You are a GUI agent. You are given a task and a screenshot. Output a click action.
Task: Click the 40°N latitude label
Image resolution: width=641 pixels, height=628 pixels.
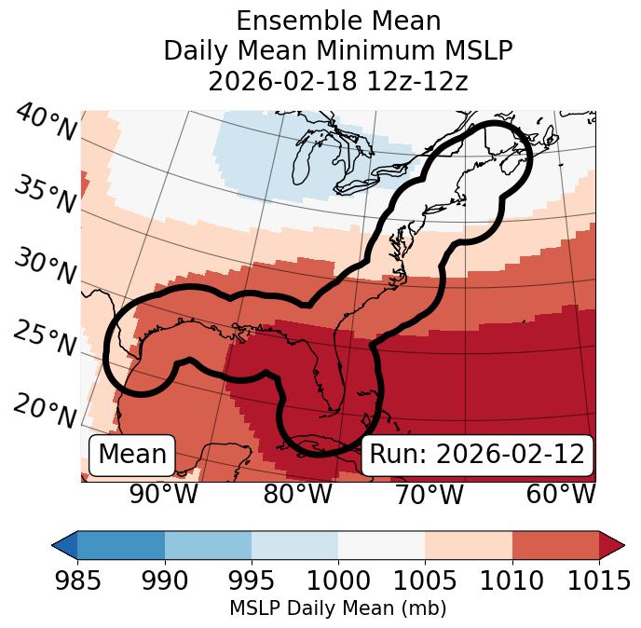[46, 123]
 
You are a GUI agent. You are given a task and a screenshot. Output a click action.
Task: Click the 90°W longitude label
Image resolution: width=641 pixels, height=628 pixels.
[164, 495]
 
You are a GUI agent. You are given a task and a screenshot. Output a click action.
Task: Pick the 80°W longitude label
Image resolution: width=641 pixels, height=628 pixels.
[298, 495]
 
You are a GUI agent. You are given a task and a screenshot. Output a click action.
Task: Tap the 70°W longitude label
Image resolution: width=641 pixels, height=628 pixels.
[430, 495]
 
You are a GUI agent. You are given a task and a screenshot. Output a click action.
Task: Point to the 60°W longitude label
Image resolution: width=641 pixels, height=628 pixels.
[561, 495]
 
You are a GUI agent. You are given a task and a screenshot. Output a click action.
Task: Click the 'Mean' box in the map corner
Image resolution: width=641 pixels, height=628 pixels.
[132, 455]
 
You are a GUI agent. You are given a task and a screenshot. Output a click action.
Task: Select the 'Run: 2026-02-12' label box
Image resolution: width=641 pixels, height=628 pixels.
[477, 455]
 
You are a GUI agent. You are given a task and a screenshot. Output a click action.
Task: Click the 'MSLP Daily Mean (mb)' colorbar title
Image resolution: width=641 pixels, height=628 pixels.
[337, 609]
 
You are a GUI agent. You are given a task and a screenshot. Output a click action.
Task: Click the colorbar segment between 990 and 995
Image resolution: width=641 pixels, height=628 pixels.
[208, 545]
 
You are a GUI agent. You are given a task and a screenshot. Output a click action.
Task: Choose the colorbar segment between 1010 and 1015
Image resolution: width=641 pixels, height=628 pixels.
[555, 545]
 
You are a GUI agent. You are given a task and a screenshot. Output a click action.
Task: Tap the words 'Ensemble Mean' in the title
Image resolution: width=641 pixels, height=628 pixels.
[338, 20]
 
